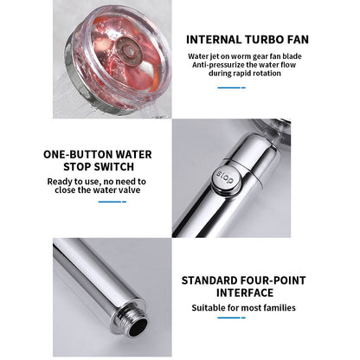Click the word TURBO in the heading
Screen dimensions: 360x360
[x=263, y=40]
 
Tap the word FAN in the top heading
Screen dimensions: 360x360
[x=298, y=40]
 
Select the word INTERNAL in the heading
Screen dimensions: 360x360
[x=214, y=40]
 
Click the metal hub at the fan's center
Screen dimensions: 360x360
[x=128, y=48]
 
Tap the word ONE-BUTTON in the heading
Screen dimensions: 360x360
[x=75, y=154]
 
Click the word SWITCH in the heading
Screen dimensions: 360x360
[x=116, y=167]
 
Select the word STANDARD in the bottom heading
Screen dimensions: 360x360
[x=209, y=280]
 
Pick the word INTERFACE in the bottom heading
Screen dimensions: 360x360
[x=245, y=292]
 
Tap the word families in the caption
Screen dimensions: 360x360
[x=278, y=308]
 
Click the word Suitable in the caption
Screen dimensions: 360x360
[x=209, y=308]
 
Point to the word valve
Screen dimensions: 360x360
[x=129, y=190]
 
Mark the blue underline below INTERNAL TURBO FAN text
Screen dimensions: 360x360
[x=231, y=87]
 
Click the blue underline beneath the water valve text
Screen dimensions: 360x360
[x=112, y=202]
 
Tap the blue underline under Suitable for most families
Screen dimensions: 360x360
[x=231, y=318]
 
